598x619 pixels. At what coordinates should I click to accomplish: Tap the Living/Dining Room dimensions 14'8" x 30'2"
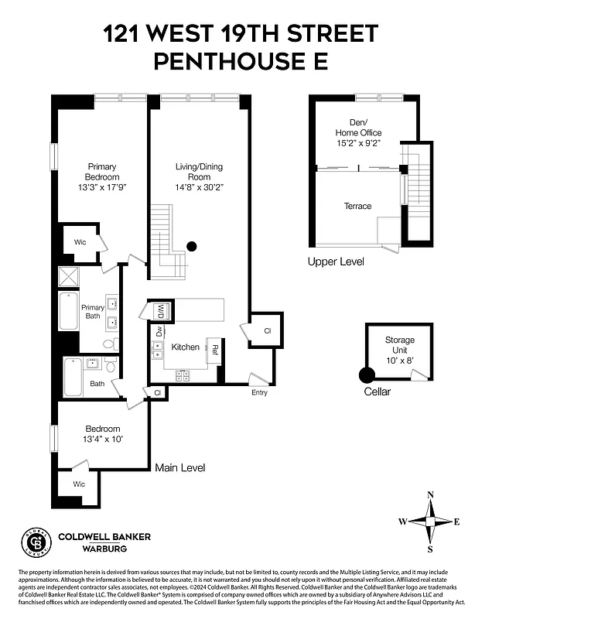click(200, 186)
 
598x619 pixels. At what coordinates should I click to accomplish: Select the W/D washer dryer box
click(161, 311)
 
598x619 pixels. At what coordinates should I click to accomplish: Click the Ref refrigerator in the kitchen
click(214, 350)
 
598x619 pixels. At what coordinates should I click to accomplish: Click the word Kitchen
click(186, 347)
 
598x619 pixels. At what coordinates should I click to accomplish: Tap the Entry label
click(259, 393)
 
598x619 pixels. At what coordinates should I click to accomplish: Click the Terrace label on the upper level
click(357, 206)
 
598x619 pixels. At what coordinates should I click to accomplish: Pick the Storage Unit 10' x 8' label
click(400, 350)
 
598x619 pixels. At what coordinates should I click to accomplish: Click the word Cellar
click(378, 392)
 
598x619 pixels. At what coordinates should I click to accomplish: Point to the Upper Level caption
click(336, 262)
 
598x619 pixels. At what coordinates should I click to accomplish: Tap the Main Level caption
click(180, 467)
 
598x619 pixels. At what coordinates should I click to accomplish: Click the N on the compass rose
click(431, 495)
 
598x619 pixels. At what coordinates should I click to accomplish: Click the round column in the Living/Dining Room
click(192, 247)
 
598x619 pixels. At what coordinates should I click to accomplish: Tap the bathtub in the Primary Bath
click(68, 310)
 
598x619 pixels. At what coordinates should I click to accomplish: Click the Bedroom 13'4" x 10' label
click(103, 434)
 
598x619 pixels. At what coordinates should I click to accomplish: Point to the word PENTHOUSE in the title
click(229, 61)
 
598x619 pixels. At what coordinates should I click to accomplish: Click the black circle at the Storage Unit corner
click(367, 375)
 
